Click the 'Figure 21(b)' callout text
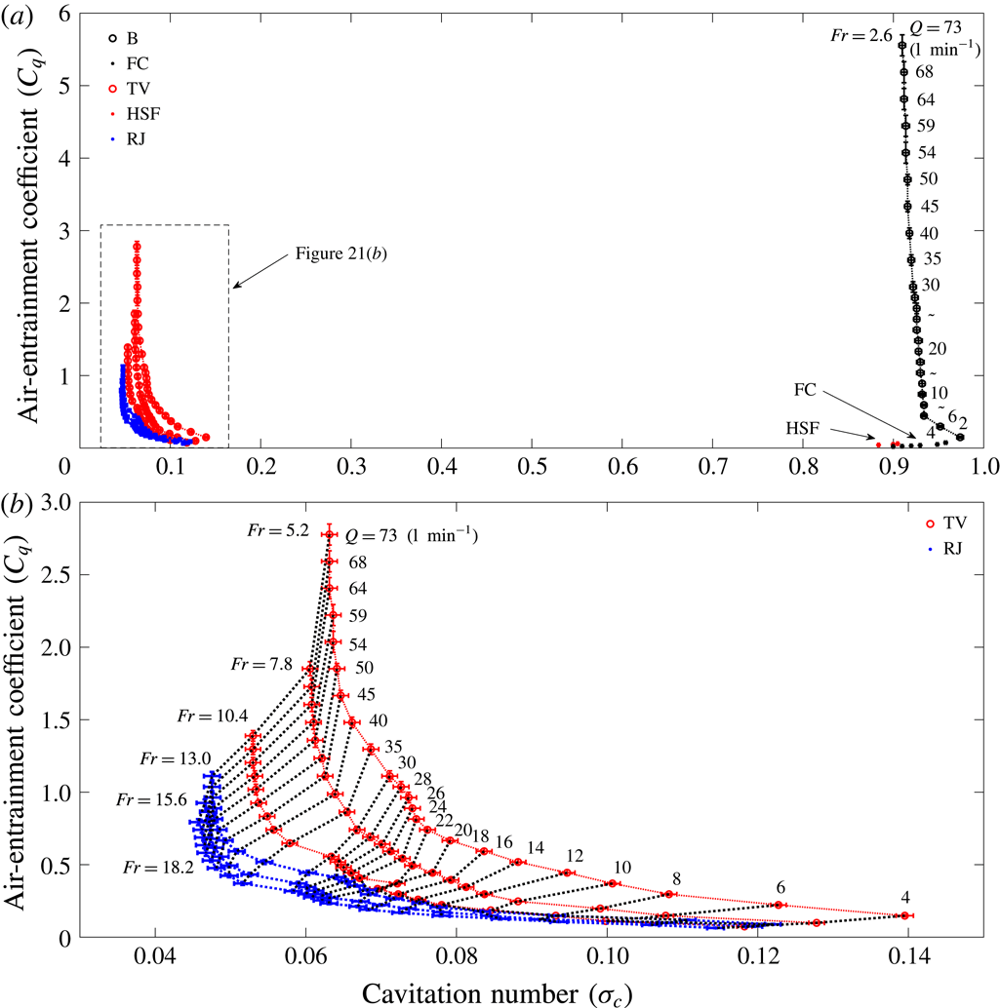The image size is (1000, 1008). pyautogui.click(x=336, y=254)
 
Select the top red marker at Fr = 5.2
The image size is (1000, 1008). pyautogui.click(x=329, y=534)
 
